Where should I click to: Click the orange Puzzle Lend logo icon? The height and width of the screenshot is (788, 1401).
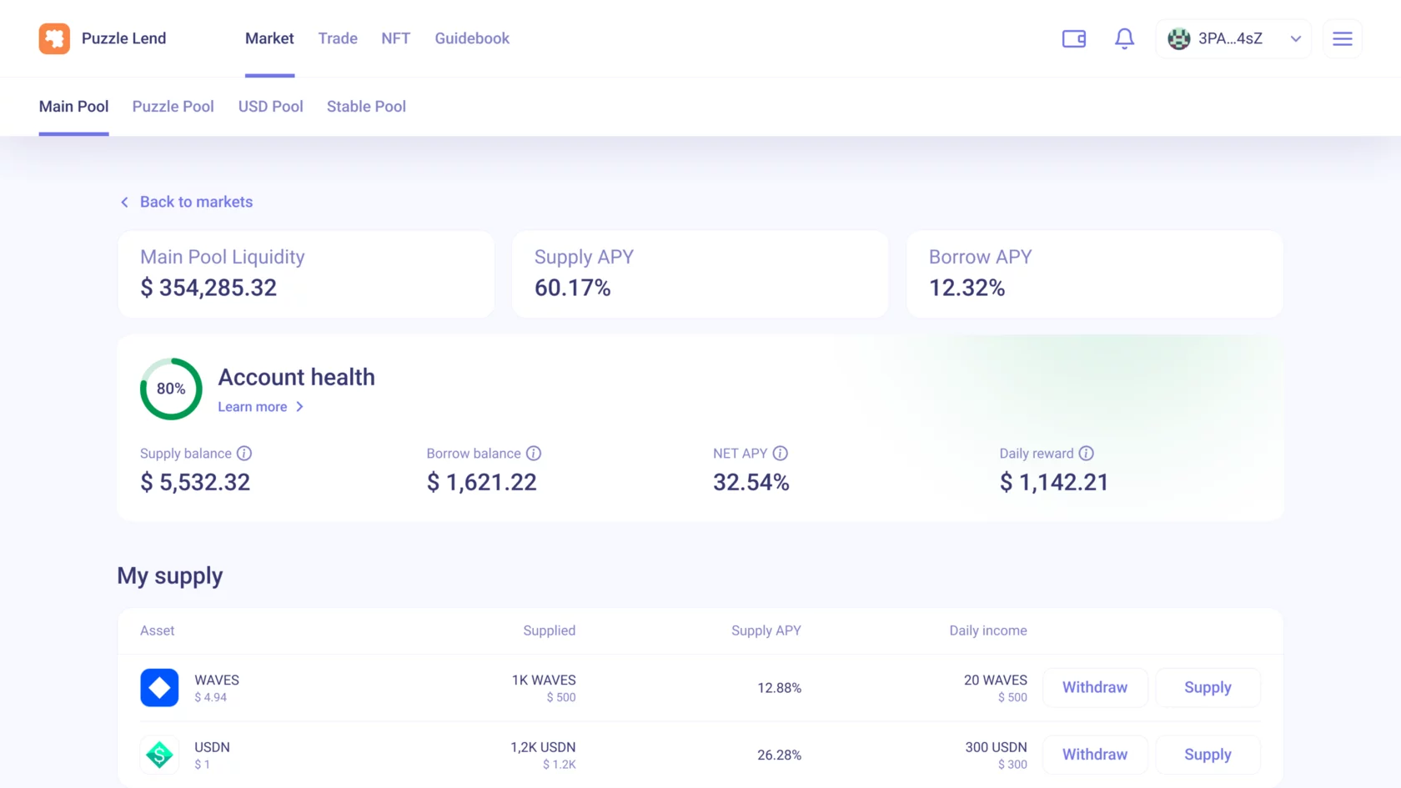coord(54,38)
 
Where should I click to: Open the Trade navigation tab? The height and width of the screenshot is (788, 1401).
coord(338,38)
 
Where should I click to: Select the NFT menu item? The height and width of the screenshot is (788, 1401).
coord(396,38)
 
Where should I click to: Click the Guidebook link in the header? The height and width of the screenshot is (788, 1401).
coord(472,38)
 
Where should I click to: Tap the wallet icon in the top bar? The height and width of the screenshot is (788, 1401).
coord(1074,38)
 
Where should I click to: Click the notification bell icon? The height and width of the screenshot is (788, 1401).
coord(1124,38)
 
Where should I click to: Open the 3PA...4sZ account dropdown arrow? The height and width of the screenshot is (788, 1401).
coord(1295,38)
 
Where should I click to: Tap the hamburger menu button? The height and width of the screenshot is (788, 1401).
coord(1343,38)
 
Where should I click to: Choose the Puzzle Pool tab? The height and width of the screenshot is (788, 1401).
coord(173,107)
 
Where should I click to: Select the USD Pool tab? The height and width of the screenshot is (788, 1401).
coord(270,107)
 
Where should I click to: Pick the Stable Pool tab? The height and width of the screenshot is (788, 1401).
coord(366,107)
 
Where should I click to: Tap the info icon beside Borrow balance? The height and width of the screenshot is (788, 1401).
coord(534,454)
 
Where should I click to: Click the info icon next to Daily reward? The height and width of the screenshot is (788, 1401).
coord(1087,454)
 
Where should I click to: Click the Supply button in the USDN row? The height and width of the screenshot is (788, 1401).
coord(1208,754)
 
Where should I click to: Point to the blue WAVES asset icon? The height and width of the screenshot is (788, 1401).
coord(159,687)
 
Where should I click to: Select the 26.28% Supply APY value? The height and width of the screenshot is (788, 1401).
coord(779,755)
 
